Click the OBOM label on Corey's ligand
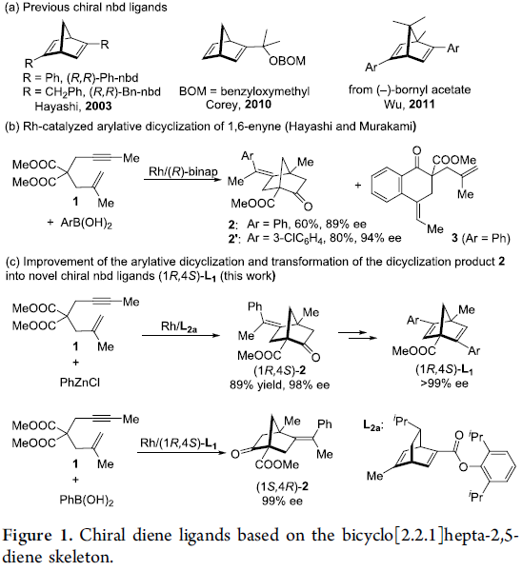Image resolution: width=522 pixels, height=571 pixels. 288,61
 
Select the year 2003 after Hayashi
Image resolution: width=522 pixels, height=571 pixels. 98,107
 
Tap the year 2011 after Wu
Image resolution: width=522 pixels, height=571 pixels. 422,105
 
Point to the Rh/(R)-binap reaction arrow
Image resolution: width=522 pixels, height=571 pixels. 183,179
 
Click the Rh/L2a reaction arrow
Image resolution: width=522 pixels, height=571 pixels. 181,335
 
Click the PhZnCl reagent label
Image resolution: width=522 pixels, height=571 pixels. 80,383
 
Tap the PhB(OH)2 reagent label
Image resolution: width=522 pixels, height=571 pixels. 87,501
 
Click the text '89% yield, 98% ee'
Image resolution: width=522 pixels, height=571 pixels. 280,384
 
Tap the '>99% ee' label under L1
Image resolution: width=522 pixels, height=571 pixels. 444,384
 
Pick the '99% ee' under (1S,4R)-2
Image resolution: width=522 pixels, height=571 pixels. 282,502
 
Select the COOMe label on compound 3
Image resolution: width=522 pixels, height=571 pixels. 454,160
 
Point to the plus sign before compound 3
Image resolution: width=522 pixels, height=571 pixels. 357,186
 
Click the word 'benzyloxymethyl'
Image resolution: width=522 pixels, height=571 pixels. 265,91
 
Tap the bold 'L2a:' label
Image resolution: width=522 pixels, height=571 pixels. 372,425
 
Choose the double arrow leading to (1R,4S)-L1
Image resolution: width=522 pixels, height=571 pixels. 357,335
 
